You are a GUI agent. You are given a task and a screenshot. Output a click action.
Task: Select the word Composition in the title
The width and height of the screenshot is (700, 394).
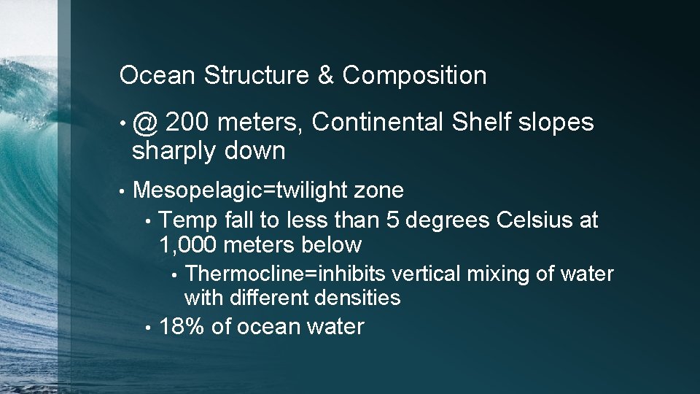click(x=414, y=75)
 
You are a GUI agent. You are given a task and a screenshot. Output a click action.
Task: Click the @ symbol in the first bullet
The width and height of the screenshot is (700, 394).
click(x=147, y=124)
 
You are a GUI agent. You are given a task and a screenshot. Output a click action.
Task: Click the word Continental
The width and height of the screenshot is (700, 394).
click(x=377, y=123)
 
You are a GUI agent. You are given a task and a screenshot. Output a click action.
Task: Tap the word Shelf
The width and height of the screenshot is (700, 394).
click(x=481, y=123)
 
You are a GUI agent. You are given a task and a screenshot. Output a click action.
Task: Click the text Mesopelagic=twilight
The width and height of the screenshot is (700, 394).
click(x=241, y=191)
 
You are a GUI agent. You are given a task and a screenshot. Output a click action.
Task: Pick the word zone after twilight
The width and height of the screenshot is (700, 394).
click(x=378, y=191)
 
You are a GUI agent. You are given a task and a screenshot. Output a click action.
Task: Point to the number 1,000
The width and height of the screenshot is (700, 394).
click(x=188, y=244)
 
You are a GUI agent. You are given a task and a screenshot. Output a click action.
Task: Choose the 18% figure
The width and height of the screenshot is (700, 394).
click(x=182, y=327)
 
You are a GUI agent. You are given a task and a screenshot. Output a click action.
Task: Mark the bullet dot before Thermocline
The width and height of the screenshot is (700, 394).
click(x=174, y=275)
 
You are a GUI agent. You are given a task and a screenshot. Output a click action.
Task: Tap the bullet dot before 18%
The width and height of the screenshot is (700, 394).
click(x=148, y=328)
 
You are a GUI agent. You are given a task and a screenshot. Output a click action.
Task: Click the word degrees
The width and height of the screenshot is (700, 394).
click(x=451, y=220)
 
